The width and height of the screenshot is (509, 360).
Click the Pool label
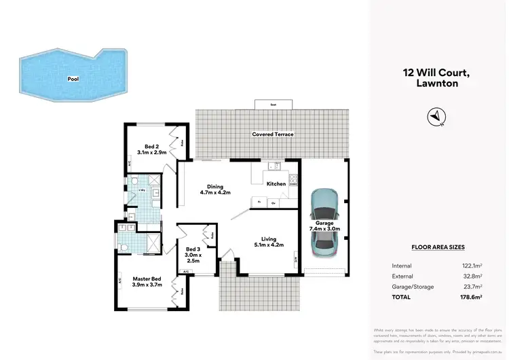click(x=73, y=79)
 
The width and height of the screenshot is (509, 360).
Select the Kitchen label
click(x=276, y=184)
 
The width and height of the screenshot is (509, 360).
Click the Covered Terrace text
click(x=273, y=134)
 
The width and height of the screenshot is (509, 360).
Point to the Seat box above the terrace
click(x=273, y=104)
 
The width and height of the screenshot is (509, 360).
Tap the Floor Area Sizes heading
click(x=438, y=248)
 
